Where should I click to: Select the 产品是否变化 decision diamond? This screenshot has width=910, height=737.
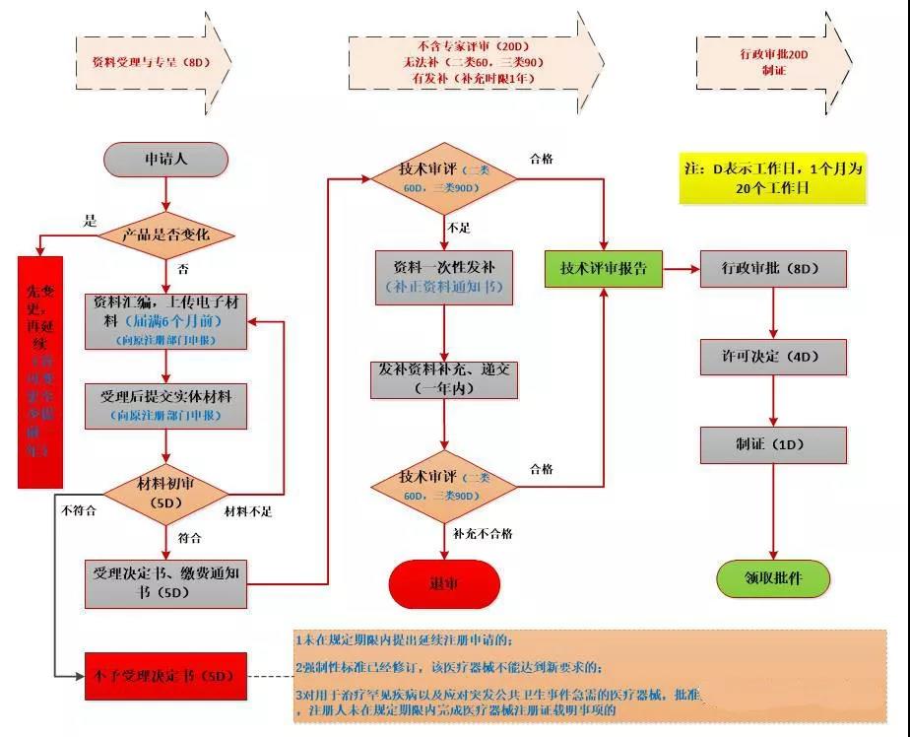165,234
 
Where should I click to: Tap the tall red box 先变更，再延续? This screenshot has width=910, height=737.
40,371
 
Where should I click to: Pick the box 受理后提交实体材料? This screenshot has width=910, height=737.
165,405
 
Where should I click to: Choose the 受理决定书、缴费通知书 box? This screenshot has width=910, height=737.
165,582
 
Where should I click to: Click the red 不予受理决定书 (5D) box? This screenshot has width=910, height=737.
165,676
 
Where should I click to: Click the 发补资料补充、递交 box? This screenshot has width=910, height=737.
446,379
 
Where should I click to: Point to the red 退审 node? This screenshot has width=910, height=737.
444,583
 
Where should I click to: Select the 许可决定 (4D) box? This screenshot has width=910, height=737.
772,357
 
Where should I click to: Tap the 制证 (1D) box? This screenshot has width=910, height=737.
772,444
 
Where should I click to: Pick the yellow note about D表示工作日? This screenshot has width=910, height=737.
772,178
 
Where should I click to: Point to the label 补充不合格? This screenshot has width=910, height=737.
483,533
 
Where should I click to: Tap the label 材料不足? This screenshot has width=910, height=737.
248,510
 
